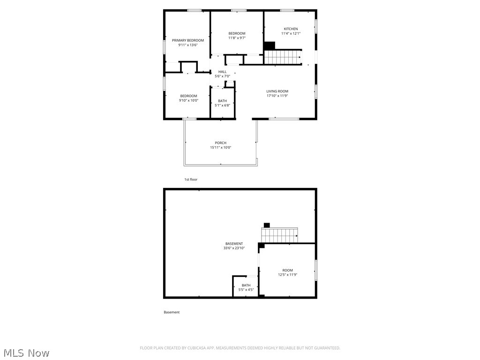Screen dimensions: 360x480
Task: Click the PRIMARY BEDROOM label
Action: coord(188,40)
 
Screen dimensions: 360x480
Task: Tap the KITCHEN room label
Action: coord(291,29)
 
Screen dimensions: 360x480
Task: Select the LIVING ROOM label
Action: coord(277,91)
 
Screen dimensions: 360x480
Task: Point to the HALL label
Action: coord(222,72)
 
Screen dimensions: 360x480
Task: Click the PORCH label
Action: coord(220,143)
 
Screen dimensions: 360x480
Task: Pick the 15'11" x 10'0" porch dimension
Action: coord(220,148)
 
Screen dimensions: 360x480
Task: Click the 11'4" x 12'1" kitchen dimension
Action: coord(291,34)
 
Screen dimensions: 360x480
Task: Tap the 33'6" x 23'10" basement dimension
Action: coord(234,248)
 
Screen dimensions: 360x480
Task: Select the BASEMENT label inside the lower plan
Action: coord(234,244)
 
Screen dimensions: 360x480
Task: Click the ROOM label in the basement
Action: coord(287,270)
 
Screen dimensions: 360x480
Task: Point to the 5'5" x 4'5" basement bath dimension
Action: coord(246,290)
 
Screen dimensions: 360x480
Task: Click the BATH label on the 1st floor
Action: coord(222,101)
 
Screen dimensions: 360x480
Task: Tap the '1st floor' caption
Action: coord(191,180)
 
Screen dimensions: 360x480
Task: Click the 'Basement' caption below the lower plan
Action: coord(172,312)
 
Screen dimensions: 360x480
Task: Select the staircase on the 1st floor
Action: coord(283,58)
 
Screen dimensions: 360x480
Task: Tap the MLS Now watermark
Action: coord(26,352)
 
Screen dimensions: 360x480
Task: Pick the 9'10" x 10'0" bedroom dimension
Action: coord(188,100)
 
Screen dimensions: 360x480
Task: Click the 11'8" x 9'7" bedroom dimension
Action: coord(237,38)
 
